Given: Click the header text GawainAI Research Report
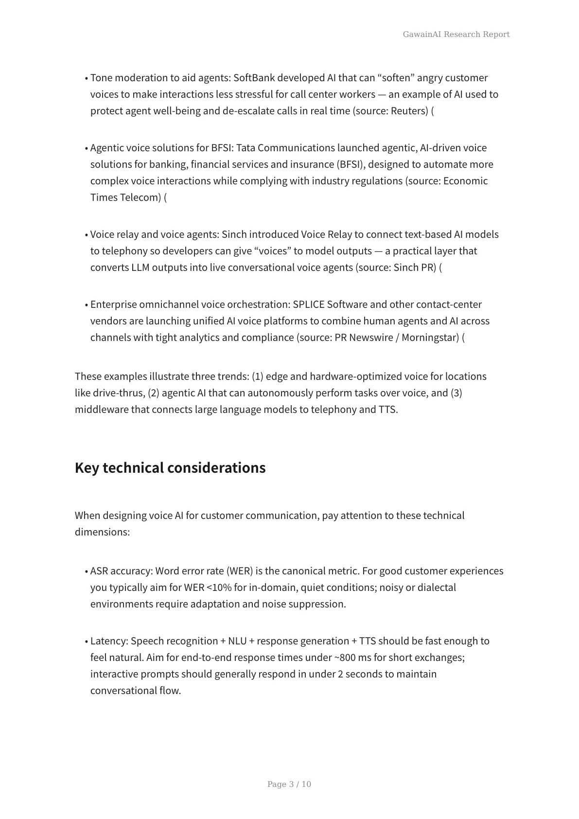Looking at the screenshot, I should tap(456, 35).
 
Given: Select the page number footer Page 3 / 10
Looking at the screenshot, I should tap(289, 784).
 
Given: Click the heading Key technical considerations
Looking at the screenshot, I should tap(170, 468).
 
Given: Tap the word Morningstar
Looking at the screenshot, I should tap(430, 338).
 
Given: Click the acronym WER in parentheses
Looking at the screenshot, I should tap(239, 571).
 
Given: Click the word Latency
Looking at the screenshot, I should tap(109, 641).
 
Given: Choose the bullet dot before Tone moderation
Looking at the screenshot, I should tap(86, 78).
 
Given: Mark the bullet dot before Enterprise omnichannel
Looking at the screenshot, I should tap(86, 305).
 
